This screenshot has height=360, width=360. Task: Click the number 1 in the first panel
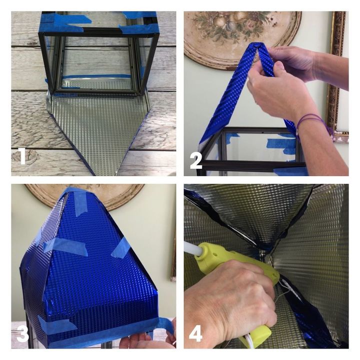click(x=21, y=156)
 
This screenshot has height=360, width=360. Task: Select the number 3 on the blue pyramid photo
click(x=22, y=333)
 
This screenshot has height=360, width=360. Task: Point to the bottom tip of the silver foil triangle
click(x=106, y=173)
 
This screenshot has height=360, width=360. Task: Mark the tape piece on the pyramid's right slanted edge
click(x=120, y=248)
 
